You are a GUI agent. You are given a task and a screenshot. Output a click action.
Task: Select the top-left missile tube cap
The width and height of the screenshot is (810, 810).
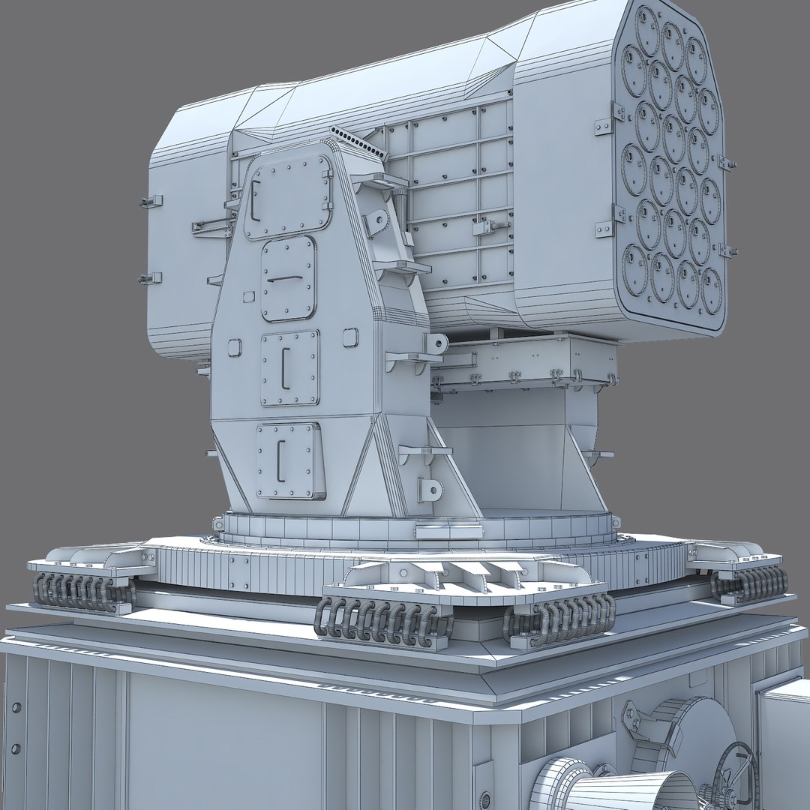coord(646,28)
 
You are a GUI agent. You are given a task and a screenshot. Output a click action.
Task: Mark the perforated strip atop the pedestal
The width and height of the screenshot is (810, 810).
coord(357,142)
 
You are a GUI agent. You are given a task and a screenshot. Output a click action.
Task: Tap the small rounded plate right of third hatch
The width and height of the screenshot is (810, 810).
coord(350,337)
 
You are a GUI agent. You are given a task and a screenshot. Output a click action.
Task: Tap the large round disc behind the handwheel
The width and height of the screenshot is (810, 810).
coord(690,739)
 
